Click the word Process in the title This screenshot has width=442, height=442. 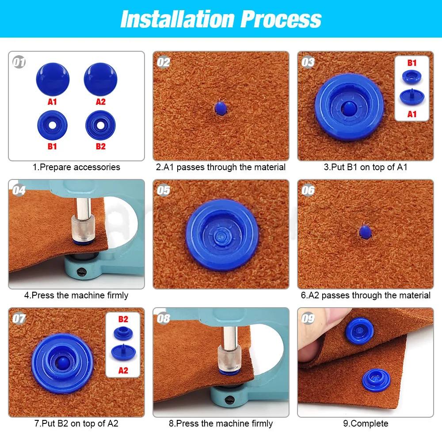click(281, 19)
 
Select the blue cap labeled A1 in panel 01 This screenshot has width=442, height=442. click(53, 78)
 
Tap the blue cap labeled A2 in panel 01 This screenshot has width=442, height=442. click(100, 78)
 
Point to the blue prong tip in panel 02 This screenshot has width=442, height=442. click(220, 108)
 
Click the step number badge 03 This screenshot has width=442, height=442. click(308, 62)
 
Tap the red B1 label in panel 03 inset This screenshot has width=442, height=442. click(412, 63)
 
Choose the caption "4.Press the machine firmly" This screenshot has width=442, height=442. click(76, 295)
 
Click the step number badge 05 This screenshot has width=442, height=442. click(164, 190)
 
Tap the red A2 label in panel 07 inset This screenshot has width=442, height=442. click(123, 370)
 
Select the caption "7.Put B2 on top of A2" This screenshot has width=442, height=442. click(76, 423)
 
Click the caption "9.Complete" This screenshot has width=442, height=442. click(366, 423)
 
